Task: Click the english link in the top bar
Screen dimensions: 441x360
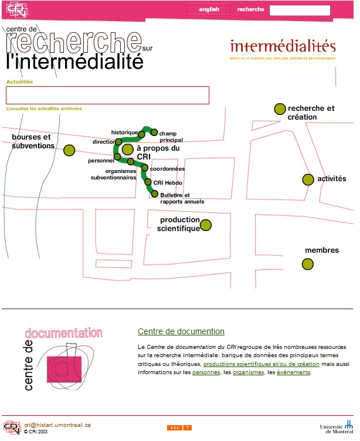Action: [209, 9]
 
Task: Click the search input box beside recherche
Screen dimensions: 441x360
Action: [300, 10]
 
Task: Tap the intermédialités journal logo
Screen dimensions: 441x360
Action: [283, 49]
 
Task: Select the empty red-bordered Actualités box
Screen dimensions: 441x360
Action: [107, 95]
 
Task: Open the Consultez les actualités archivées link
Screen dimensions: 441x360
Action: [44, 108]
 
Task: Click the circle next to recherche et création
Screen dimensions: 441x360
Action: [280, 108]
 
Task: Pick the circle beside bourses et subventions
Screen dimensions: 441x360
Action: [69, 150]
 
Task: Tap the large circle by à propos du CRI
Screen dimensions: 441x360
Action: [128, 150]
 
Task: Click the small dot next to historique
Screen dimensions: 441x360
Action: [142, 134]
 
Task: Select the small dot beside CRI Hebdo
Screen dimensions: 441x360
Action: [148, 182]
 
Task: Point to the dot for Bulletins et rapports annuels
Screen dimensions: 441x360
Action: [155, 194]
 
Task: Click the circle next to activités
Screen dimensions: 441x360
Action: [308, 179]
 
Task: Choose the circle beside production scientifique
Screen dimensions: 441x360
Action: [206, 225]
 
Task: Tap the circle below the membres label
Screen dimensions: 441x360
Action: [307, 264]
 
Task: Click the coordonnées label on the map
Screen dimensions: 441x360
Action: [167, 169]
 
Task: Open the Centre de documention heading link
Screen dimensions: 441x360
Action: [181, 331]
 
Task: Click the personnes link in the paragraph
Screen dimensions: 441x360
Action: [206, 372]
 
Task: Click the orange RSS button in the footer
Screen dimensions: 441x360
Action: [175, 428]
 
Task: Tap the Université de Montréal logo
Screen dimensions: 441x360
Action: [337, 428]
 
